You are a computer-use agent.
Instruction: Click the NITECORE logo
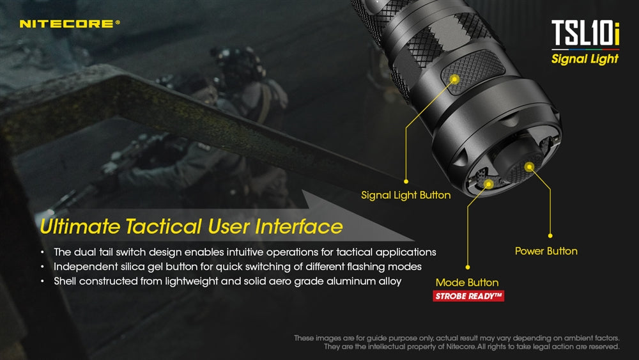click(69, 24)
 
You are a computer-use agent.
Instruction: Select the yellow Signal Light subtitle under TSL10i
click(585, 59)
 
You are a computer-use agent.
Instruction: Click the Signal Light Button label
click(406, 195)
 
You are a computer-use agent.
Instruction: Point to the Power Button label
click(546, 251)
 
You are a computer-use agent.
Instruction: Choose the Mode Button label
click(467, 282)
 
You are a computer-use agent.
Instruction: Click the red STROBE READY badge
click(468, 296)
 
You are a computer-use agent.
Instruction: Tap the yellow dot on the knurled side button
click(455, 79)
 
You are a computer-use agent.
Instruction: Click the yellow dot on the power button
click(529, 166)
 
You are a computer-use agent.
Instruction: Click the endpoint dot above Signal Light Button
click(406, 182)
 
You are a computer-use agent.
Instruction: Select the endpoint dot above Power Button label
click(550, 236)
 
